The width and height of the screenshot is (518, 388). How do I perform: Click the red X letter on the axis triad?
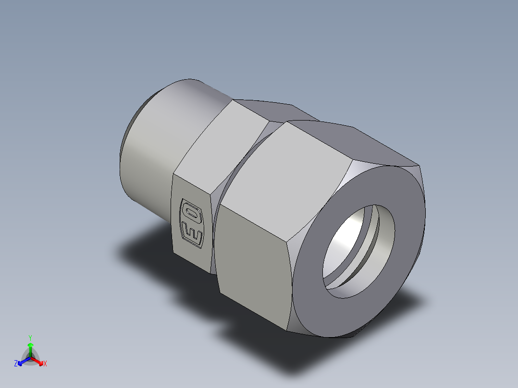[45, 364]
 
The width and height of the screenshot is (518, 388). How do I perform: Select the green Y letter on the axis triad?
[30, 338]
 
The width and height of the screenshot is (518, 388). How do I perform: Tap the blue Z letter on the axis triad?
[16, 364]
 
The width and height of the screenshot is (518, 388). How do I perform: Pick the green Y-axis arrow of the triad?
[30, 348]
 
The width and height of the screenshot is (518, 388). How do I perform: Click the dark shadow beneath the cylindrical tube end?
[144, 250]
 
